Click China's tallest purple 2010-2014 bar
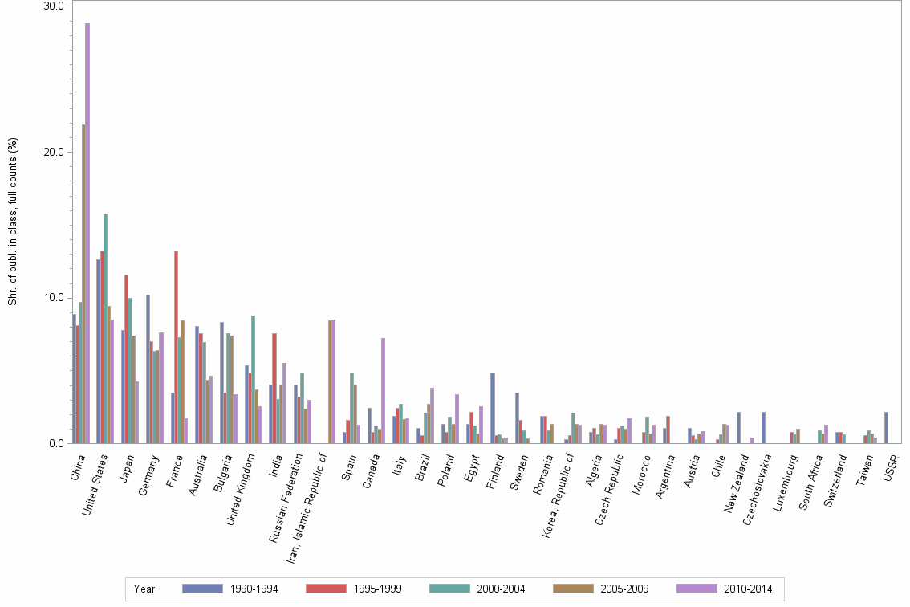tap(87, 233)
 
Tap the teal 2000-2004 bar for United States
tap(105, 328)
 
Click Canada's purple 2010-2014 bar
tap(383, 390)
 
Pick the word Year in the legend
tap(144, 589)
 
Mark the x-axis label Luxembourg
tap(785, 480)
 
